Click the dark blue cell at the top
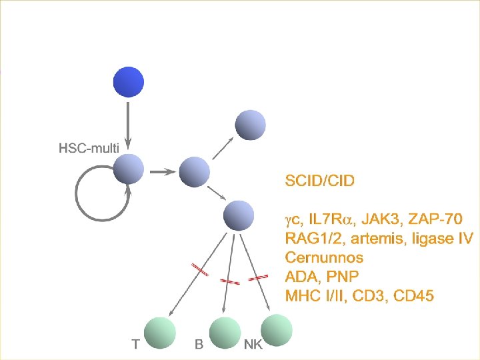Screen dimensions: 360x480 tap(129, 82)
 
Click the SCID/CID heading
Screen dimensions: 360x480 tap(319, 180)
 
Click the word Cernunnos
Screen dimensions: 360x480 tap(324, 257)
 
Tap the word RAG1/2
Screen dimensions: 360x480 tap(311, 238)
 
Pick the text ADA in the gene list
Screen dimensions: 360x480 tap(301, 276)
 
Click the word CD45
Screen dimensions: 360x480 tap(413, 295)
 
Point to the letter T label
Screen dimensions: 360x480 tap(135, 345)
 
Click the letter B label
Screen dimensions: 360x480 tap(198, 345)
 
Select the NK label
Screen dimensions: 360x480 tap(253, 345)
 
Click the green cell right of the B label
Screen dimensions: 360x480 tap(225, 333)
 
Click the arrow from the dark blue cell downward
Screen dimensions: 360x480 tap(129, 123)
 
